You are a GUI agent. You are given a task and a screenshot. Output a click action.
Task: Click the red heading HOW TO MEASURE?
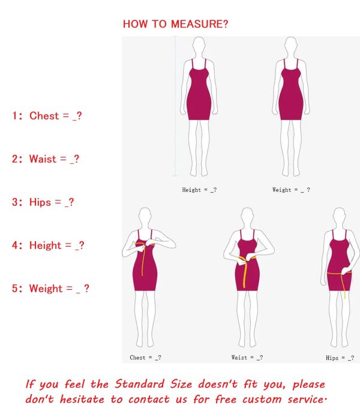click(x=175, y=24)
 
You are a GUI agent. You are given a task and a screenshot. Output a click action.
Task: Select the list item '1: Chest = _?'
click(x=46, y=116)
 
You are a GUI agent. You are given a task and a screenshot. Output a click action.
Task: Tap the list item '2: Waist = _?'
click(x=45, y=159)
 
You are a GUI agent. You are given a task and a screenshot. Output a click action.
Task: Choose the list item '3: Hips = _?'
click(x=43, y=202)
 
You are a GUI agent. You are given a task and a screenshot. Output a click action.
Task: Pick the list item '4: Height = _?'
click(x=48, y=245)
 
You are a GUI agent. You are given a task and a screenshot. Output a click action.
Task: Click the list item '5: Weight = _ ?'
click(x=50, y=289)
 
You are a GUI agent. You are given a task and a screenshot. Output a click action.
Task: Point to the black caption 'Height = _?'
click(x=199, y=190)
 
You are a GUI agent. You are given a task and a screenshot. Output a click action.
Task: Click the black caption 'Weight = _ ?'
click(x=291, y=190)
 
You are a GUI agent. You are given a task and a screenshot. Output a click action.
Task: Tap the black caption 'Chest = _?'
click(x=145, y=358)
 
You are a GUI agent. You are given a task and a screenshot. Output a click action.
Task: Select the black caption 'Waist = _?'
click(x=247, y=358)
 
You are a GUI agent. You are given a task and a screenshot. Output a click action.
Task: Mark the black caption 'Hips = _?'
click(x=340, y=358)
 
